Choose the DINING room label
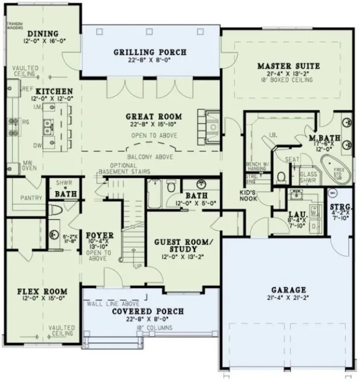[43, 34]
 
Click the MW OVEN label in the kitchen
[26, 165]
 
